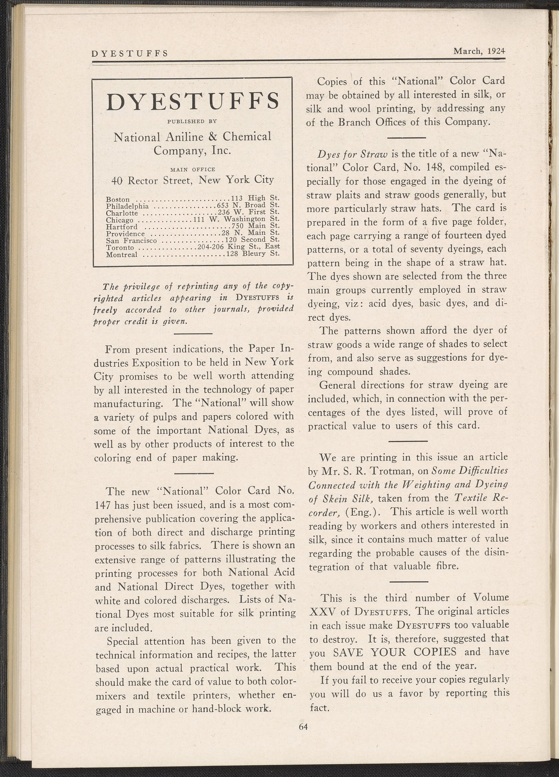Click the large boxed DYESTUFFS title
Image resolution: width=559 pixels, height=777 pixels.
tap(192, 102)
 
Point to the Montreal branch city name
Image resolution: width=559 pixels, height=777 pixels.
tap(122, 255)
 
